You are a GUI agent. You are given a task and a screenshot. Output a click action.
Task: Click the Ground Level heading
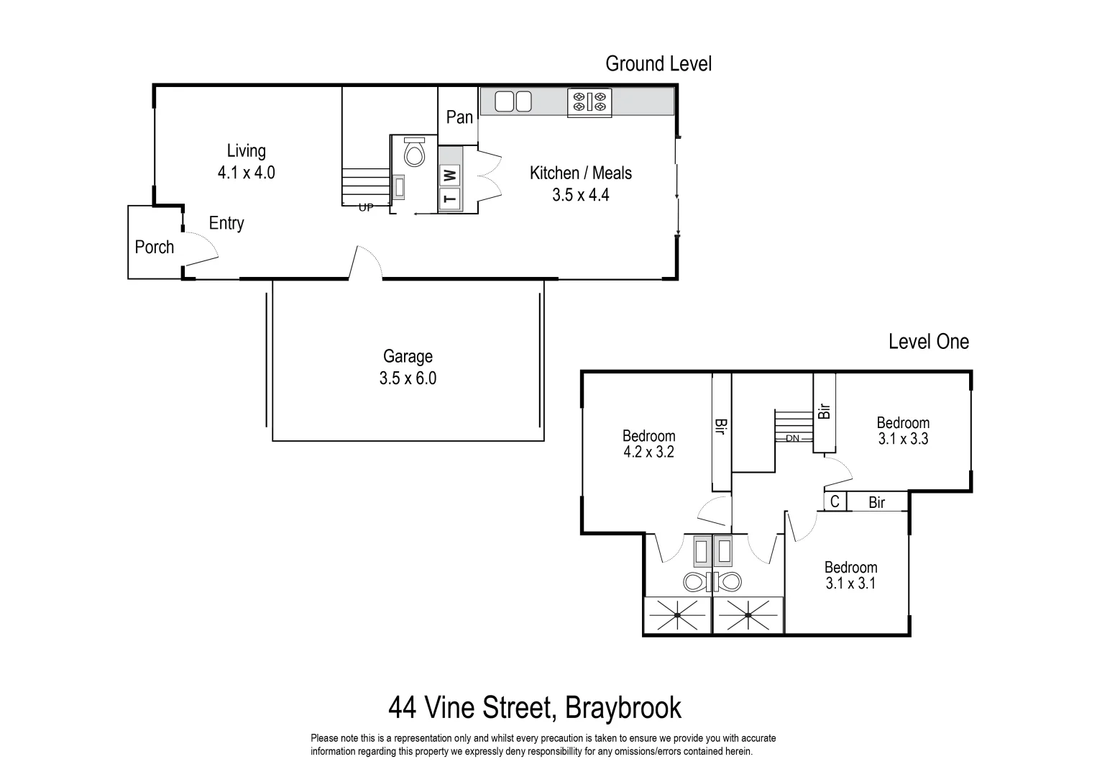(x=658, y=64)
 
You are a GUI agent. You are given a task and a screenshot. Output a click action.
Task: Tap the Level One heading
(x=928, y=342)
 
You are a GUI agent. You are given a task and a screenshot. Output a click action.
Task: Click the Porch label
(x=155, y=247)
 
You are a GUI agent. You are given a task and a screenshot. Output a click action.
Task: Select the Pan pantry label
(x=459, y=117)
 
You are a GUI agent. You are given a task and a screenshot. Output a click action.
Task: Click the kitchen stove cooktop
(x=589, y=102)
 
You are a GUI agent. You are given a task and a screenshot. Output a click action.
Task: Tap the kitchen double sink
(x=513, y=102)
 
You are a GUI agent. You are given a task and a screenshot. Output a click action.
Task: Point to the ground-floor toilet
(x=415, y=152)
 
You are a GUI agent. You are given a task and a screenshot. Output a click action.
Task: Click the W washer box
(x=449, y=175)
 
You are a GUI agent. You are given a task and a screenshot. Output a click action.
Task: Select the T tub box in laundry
(x=450, y=199)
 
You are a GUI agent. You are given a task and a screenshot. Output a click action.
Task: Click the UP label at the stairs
(x=366, y=208)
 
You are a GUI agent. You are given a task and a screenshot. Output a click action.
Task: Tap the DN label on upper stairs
(x=792, y=438)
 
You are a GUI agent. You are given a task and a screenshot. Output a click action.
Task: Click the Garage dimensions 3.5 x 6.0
(x=408, y=378)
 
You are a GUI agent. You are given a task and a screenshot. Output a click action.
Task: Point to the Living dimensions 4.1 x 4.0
(x=246, y=173)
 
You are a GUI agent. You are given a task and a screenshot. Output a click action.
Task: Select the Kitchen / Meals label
(x=581, y=173)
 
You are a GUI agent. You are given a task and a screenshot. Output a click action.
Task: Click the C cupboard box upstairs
(x=835, y=501)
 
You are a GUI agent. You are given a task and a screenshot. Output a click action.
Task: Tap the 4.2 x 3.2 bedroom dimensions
(x=648, y=453)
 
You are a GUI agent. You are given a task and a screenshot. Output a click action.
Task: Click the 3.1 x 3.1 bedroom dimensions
(x=850, y=583)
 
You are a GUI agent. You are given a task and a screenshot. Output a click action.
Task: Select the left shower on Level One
(x=677, y=615)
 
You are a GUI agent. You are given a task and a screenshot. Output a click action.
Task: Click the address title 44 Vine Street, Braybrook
(x=534, y=708)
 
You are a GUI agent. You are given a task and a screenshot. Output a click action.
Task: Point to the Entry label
(x=226, y=224)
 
